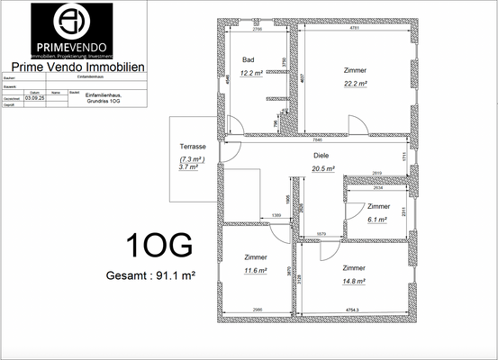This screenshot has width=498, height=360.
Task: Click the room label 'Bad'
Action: pyautogui.click(x=248, y=59)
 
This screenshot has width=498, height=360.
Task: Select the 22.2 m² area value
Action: pyautogui.click(x=355, y=83)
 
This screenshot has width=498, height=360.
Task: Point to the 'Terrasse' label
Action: pyautogui.click(x=192, y=146)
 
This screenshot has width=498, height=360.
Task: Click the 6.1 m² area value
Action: pyautogui.click(x=376, y=219)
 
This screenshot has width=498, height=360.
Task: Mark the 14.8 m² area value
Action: pyautogui.click(x=354, y=281)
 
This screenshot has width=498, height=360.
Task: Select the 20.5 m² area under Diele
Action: pyautogui.click(x=323, y=167)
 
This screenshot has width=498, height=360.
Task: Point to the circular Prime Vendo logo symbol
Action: pyautogui.click(x=70, y=20)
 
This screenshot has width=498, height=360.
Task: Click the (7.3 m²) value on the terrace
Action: pyautogui.click(x=192, y=158)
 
